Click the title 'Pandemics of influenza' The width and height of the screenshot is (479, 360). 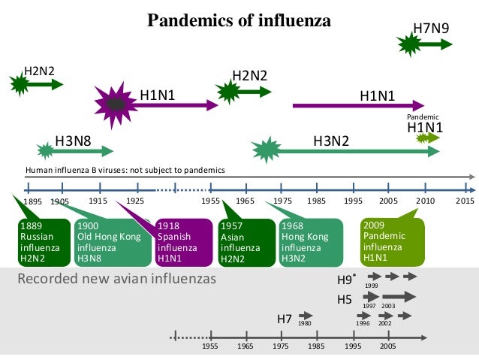coord(239,20)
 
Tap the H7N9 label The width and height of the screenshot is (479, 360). coord(432,29)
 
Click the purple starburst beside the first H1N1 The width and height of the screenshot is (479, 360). coord(115,104)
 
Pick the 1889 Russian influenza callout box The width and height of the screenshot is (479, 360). coord(38,242)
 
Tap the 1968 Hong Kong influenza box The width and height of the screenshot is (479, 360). coord(310,242)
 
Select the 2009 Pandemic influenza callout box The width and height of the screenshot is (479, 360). coord(390,242)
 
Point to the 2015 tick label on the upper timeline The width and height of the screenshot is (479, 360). coord(465,201)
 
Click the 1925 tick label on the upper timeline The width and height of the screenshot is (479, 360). coord(135,201)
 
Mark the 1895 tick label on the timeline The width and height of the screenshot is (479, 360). coord(32,202)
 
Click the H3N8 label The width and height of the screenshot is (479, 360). coord(74,141)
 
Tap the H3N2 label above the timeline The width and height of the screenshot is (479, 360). coord(331,141)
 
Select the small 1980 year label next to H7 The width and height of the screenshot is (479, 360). coord(304,323)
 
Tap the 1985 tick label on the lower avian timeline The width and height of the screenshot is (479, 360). coord(316,348)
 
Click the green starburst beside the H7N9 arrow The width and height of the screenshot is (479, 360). coord(411,44)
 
